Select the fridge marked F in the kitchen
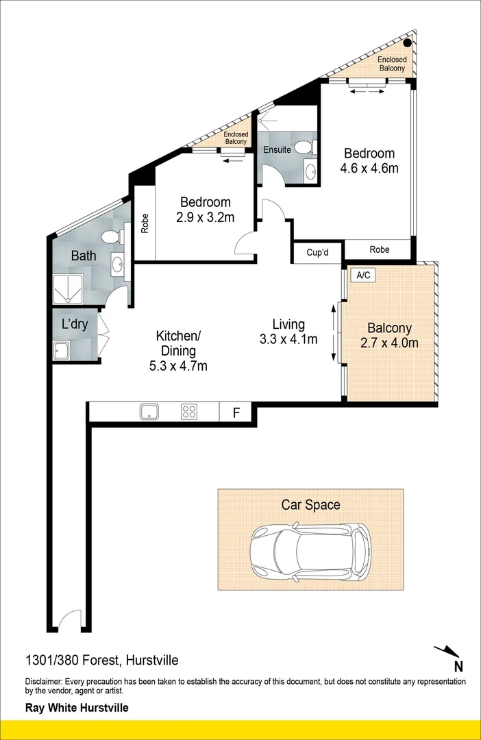point(236,412)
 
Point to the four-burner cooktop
point(189,412)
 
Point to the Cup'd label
point(317,252)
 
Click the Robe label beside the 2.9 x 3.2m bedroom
point(145,225)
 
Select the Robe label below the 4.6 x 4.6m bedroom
point(379,249)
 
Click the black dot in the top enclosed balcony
point(407,43)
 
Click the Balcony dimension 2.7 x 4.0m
point(389,343)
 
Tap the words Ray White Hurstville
point(77,708)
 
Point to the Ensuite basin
point(310,171)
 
